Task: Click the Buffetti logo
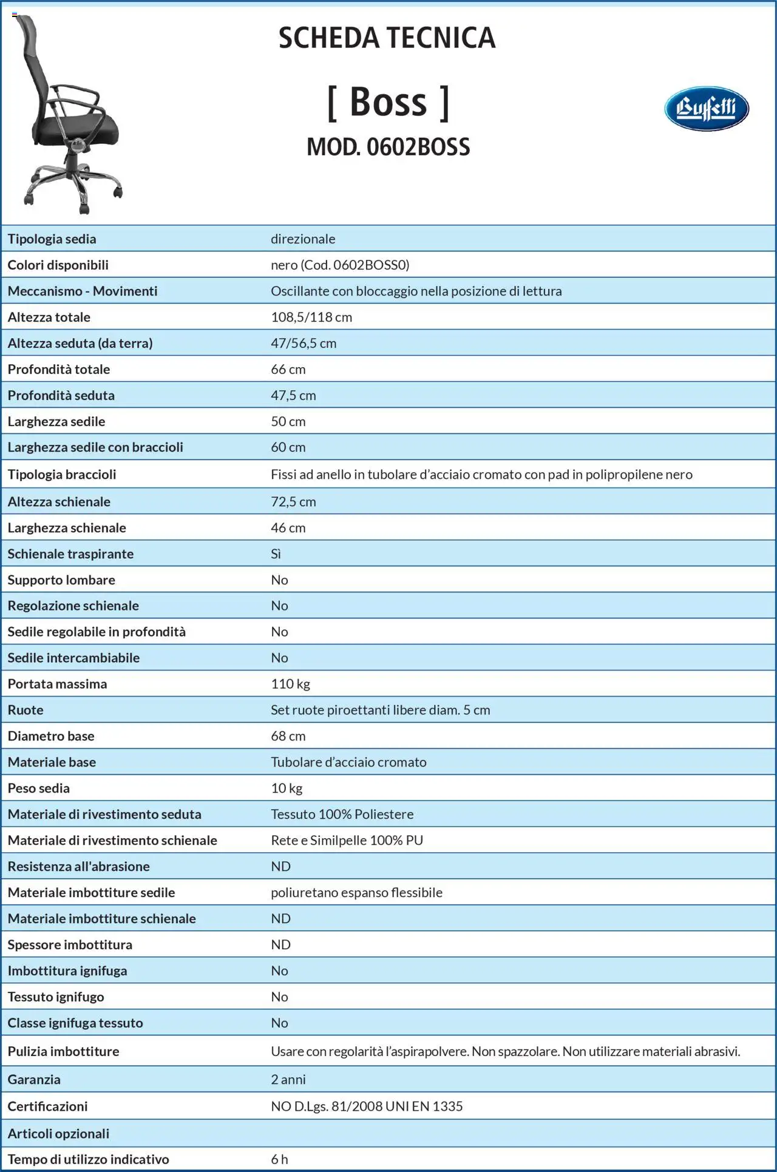point(706,109)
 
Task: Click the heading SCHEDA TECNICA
point(387,38)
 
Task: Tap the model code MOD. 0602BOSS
point(388,147)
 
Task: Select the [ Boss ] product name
point(388,101)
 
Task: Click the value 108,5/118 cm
point(311,317)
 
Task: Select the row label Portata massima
point(57,683)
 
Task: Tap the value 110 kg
point(290,683)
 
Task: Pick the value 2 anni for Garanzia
point(288,1079)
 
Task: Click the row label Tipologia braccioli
point(62,474)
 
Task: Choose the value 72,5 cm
point(293,501)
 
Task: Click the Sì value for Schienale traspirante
point(276,554)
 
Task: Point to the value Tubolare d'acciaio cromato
point(348,762)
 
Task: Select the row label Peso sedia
point(39,788)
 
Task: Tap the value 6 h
point(279,1159)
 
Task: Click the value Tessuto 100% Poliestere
point(342,814)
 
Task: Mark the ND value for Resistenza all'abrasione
point(280,866)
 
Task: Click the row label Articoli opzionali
point(58,1133)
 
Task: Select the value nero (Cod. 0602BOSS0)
point(340,265)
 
